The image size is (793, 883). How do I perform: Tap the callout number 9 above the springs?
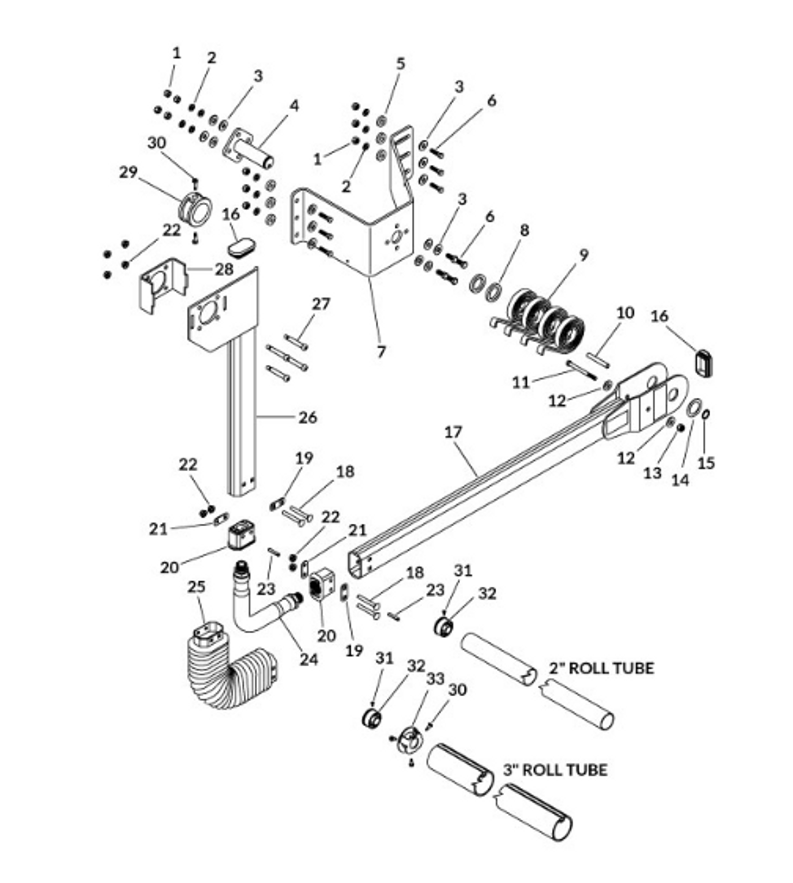(584, 255)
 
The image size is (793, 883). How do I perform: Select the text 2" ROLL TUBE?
(601, 668)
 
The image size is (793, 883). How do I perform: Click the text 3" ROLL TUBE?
(555, 770)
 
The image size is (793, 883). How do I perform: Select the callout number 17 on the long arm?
(453, 432)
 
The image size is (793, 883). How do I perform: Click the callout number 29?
(129, 172)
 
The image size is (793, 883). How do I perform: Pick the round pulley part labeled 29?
(197, 209)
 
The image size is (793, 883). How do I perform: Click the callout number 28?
(224, 269)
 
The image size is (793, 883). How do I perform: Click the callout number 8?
(525, 230)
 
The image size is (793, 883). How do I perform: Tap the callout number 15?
(706, 463)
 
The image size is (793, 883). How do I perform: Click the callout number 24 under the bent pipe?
(309, 659)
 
